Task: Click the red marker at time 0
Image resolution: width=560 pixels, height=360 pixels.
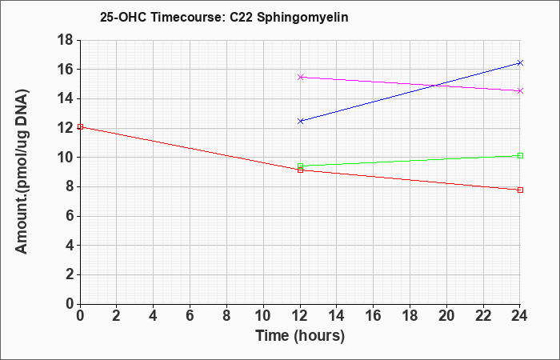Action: coord(80,126)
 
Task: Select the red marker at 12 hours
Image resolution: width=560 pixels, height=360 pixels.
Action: coord(300,170)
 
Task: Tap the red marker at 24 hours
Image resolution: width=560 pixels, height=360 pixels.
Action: coord(520,190)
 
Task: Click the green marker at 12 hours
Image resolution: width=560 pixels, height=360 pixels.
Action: coord(300,166)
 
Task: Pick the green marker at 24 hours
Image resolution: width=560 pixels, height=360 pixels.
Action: coord(520,156)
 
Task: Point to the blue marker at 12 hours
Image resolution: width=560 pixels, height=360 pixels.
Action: coord(300,121)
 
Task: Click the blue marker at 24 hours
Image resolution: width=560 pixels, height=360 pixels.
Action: coord(520,63)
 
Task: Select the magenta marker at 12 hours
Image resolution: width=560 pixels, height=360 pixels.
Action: coord(300,77)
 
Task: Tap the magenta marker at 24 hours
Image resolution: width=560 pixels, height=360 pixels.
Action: coord(520,91)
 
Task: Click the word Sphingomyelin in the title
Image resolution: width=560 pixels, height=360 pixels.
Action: coord(302,18)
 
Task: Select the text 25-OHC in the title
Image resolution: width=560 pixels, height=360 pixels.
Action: coord(123,18)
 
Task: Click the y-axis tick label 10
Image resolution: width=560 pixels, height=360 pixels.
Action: coord(65,158)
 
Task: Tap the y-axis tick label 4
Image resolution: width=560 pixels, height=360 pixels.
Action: coord(69,246)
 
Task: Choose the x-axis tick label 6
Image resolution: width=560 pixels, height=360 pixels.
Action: coord(190,316)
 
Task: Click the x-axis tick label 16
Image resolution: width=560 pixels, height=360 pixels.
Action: coord(374,316)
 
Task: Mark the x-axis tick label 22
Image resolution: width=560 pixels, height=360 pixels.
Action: coord(483,316)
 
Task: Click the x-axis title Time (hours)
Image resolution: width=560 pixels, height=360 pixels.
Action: coord(300,336)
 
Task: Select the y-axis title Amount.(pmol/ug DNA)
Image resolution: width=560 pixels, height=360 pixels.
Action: coord(22,171)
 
